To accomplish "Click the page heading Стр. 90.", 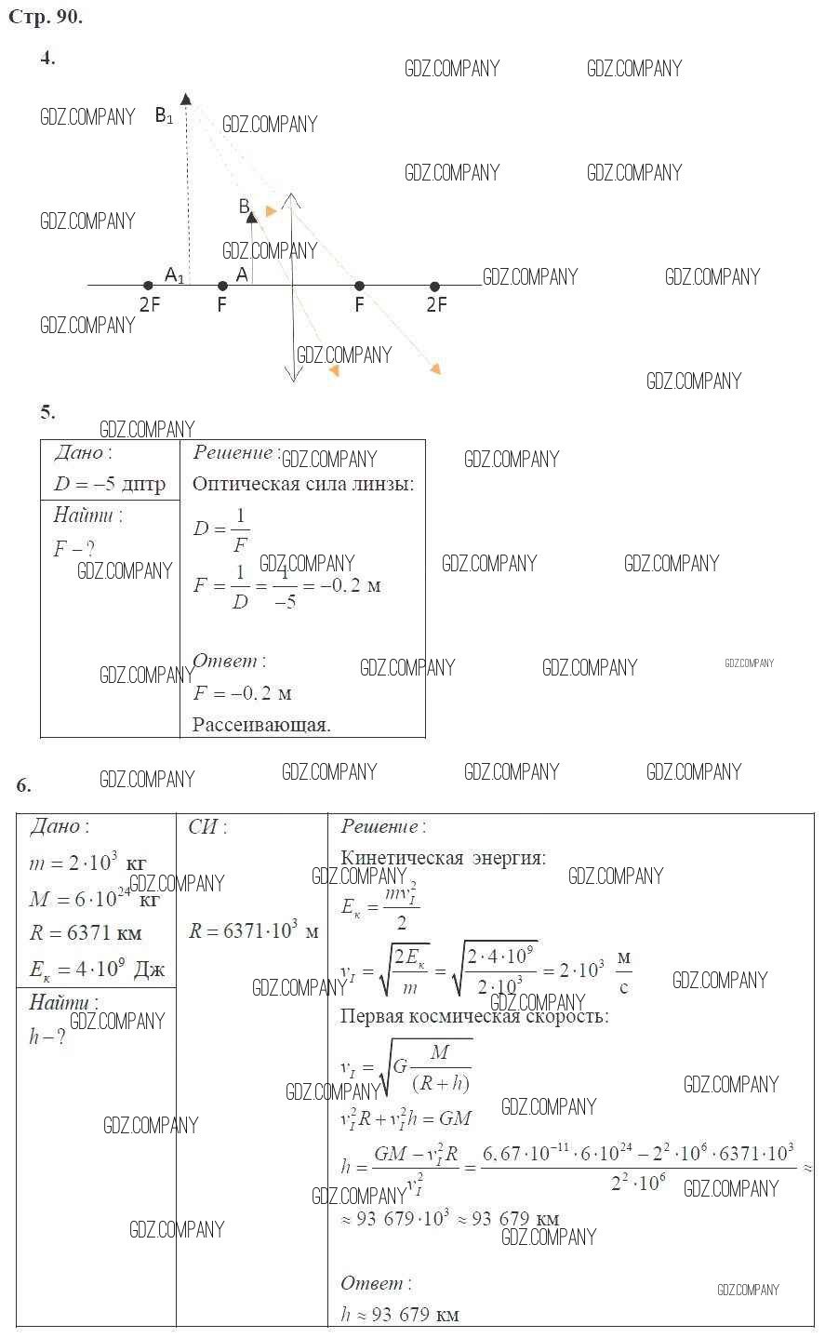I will tap(46, 17).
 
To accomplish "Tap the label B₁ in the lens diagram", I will tap(164, 116).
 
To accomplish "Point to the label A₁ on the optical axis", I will tap(174, 274).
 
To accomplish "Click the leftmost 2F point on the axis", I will tap(148, 286).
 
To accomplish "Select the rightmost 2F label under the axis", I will tap(436, 304).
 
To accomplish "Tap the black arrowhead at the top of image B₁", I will tap(186, 99).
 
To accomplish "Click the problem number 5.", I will tap(47, 411).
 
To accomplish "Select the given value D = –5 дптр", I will tap(110, 483).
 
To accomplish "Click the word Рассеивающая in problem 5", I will tap(261, 725).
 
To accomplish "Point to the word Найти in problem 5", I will tap(86, 515).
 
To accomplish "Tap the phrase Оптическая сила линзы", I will tap(303, 484).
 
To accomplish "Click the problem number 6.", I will tap(23, 784).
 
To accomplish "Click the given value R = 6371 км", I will tap(86, 933).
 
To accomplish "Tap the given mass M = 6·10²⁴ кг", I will tap(94, 899).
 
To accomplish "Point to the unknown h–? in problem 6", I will tap(47, 1037).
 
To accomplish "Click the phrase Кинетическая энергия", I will tap(443, 858).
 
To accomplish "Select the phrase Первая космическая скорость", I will tap(474, 1016).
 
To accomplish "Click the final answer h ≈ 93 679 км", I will tap(400, 1314).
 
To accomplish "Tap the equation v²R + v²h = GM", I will tap(406, 1117).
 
